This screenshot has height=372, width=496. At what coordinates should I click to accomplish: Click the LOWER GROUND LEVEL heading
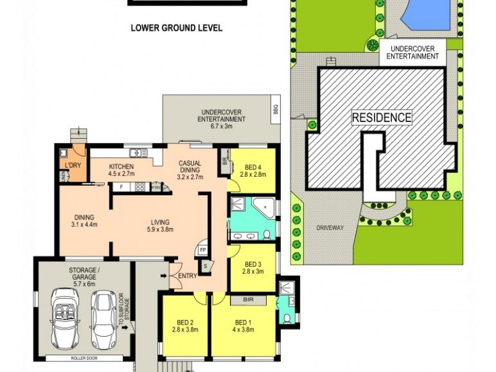[176, 28]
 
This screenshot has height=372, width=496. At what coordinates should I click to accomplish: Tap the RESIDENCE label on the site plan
[381, 117]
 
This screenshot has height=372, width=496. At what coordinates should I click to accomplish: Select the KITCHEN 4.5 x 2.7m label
[122, 170]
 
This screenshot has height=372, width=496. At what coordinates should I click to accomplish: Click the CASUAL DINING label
[190, 167]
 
